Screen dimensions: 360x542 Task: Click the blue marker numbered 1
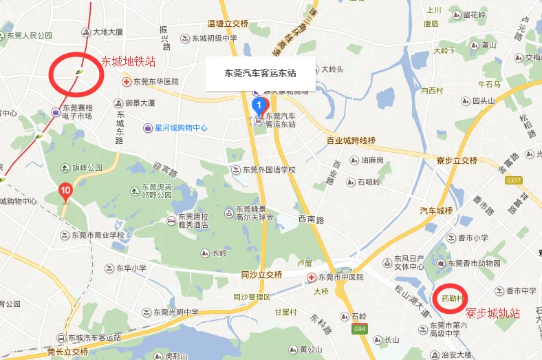click(x=259, y=106)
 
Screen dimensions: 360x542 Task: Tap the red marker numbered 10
click(x=65, y=189)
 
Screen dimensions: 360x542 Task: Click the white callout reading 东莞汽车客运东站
click(x=261, y=72)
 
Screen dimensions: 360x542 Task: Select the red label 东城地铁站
click(x=128, y=61)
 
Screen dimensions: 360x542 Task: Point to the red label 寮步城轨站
click(x=492, y=313)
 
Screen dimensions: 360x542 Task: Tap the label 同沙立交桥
click(x=262, y=275)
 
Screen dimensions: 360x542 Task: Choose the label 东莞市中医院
click(x=338, y=277)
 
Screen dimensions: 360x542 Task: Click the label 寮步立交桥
click(x=457, y=160)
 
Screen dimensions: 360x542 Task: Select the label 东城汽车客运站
click(x=94, y=338)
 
